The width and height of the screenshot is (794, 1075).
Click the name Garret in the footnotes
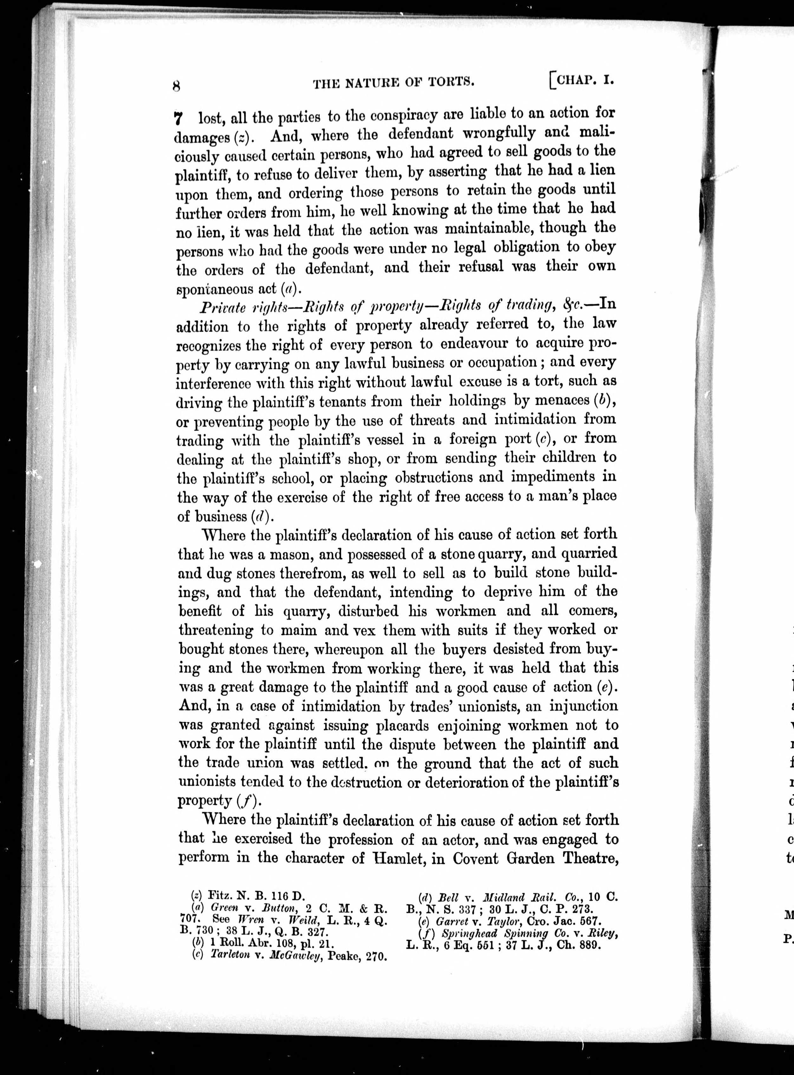[x=450, y=921]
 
